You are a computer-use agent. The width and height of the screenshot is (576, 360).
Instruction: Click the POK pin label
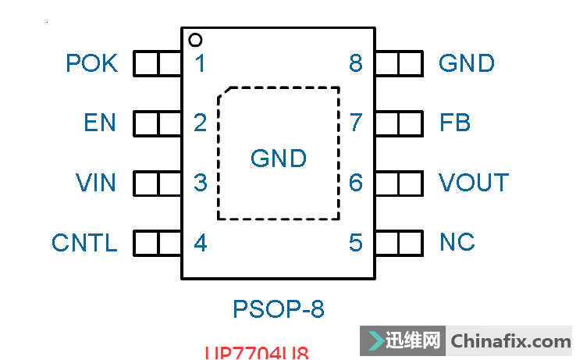[x=91, y=63]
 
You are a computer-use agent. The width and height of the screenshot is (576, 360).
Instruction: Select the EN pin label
[x=100, y=123]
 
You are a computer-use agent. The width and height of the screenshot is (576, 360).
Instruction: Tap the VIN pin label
[x=96, y=183]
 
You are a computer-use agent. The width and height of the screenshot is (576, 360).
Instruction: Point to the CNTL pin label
[x=84, y=243]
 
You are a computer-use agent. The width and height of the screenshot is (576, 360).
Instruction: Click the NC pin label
[x=457, y=243]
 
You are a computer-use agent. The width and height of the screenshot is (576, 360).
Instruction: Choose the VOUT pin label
[x=473, y=183]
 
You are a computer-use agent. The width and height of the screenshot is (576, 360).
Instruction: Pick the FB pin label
[x=455, y=123]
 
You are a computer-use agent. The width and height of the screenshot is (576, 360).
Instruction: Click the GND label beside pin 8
[x=467, y=63]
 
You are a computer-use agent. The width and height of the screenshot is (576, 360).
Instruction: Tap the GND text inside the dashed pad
[x=279, y=159]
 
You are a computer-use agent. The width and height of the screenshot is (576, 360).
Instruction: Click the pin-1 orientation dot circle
[x=195, y=40]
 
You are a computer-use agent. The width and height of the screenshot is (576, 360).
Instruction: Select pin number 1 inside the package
[x=201, y=63]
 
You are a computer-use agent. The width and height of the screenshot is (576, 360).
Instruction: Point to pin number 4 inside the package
[x=201, y=243]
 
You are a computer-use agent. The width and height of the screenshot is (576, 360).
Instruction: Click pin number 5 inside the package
[x=356, y=243]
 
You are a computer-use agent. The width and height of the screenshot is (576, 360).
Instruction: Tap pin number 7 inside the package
[x=356, y=123]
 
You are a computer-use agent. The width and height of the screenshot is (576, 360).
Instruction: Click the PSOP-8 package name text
[x=279, y=309]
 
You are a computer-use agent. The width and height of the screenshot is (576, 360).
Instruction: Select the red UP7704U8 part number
[x=257, y=353]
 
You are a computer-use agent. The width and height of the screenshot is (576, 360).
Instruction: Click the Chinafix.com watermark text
[x=511, y=341]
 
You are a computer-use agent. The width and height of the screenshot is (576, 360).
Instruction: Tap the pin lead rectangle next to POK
[x=158, y=63]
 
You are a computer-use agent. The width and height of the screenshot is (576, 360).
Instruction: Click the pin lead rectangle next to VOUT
[x=399, y=183]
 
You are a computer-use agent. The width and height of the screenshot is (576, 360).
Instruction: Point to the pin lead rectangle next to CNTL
[x=158, y=243]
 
